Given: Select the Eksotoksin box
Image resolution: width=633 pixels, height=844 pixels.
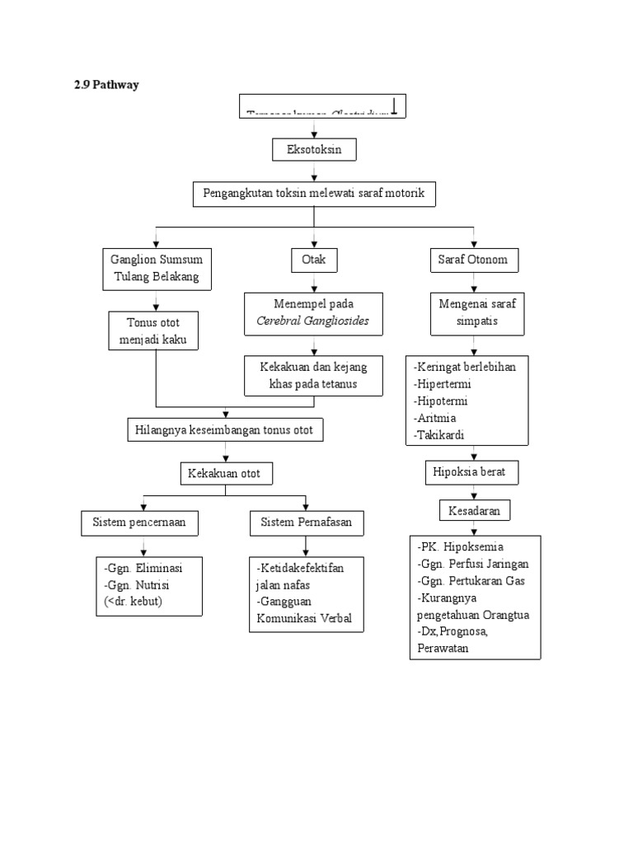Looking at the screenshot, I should click(314, 150).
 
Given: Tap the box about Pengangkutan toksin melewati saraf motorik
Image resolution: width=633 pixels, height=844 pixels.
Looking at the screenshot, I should click(314, 194).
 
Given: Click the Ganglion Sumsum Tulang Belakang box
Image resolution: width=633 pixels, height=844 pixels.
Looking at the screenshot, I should click(156, 268).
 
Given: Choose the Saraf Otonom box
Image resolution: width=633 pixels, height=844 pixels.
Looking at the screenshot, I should click(473, 260).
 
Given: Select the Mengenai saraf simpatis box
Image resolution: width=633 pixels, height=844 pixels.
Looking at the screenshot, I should click(474, 312).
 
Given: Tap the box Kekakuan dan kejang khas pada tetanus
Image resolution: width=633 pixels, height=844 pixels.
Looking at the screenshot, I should click(314, 376).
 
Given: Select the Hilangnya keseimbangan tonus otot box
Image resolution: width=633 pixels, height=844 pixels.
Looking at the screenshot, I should click(225, 429).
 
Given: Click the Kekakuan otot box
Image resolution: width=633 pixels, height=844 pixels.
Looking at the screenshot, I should click(226, 474).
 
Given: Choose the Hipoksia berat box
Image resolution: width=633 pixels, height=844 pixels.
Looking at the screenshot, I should click(471, 473).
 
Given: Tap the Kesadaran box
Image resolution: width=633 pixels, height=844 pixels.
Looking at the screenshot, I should click(474, 511).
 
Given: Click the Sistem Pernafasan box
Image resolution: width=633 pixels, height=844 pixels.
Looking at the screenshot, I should click(306, 522).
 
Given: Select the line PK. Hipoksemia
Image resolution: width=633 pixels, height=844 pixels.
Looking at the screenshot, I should click(460, 546).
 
